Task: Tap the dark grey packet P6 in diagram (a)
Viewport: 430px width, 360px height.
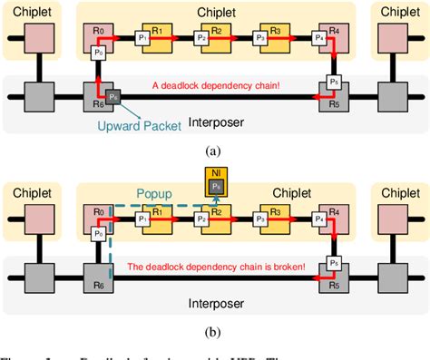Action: (x=112, y=95)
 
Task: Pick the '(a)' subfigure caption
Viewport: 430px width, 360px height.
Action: (x=215, y=151)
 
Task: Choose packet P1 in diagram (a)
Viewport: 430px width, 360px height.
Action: (x=142, y=38)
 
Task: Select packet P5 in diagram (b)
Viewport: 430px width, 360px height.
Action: (x=333, y=261)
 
